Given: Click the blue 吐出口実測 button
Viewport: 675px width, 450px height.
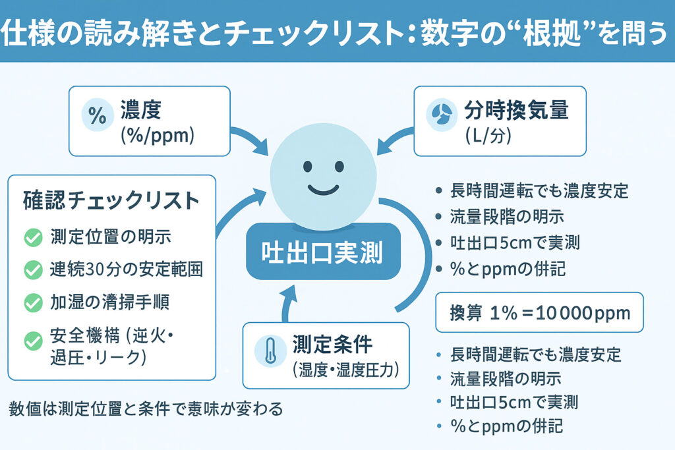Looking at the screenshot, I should tap(322, 253).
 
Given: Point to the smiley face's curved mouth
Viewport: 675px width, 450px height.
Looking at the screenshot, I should tap(323, 190).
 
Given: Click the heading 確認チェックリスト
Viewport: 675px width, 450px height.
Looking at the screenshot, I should tap(110, 200).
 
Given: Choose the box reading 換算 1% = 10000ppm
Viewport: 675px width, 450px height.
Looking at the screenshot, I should tap(539, 313).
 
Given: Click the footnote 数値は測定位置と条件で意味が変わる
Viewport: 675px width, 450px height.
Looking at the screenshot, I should tap(146, 409).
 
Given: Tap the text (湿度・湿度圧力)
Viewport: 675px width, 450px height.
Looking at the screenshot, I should tap(345, 370).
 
